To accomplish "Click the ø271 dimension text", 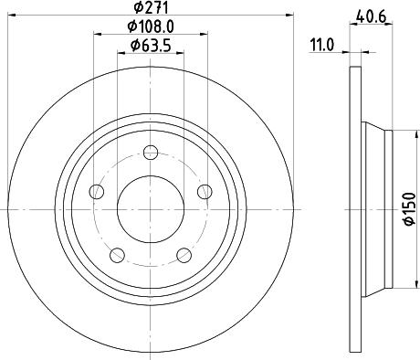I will [x=151, y=8].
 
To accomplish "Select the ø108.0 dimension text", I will [x=151, y=27].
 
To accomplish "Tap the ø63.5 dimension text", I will [x=151, y=46].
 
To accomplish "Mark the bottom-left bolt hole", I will [x=116, y=253].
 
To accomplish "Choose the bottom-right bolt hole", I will [x=184, y=253].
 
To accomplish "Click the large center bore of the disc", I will [x=151, y=203].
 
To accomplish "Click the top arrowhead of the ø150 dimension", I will [x=394, y=134].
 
